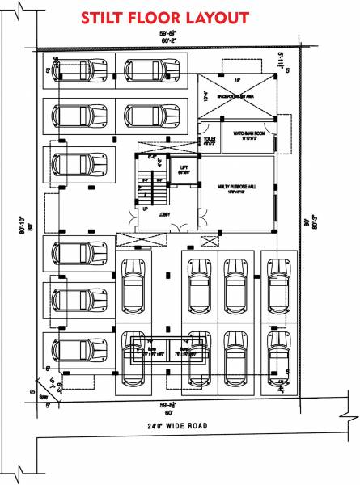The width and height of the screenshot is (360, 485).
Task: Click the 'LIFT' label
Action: [x=184, y=168]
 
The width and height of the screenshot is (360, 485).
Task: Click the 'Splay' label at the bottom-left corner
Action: [x=35, y=398]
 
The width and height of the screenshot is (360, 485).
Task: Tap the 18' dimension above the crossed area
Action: [x=238, y=81]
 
